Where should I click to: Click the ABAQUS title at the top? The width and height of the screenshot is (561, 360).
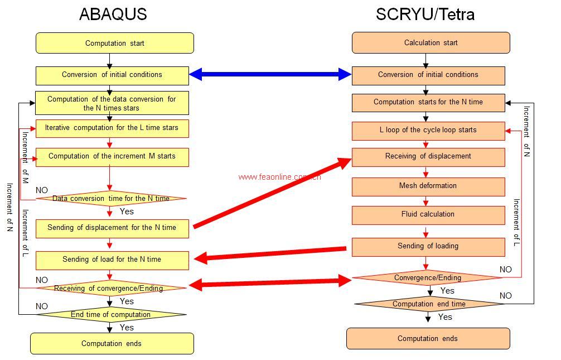[x=113, y=14]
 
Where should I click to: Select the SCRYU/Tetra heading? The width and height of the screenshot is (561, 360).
[x=425, y=14]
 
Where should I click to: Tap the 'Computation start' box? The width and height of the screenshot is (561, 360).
[x=114, y=43]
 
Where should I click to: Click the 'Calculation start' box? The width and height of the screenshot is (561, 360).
[x=431, y=42]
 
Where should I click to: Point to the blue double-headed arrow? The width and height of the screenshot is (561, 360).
[x=270, y=74]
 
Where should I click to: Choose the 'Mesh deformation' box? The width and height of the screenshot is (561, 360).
[x=428, y=186]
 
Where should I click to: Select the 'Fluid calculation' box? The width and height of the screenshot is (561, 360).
[x=428, y=214]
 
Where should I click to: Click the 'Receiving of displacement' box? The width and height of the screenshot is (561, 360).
[x=428, y=156]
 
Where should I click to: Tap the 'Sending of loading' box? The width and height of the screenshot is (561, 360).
[x=428, y=246]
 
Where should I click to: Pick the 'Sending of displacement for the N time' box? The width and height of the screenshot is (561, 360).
[x=112, y=228]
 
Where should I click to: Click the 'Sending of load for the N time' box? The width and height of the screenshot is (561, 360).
[x=112, y=260]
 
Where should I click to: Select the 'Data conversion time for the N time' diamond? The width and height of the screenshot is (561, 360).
[x=110, y=198]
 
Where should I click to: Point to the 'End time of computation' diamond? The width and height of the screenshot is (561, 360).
[x=110, y=315]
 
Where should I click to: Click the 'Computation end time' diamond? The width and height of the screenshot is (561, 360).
[x=428, y=304]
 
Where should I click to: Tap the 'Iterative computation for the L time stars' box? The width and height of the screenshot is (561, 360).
[x=112, y=128]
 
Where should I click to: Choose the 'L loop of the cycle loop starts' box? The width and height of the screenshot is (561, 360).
[x=428, y=130]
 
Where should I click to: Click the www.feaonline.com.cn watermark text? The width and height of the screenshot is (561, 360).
[x=279, y=177]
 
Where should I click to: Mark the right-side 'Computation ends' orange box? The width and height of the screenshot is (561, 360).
[x=428, y=338]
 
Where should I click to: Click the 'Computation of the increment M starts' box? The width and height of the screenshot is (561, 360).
[x=112, y=156]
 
